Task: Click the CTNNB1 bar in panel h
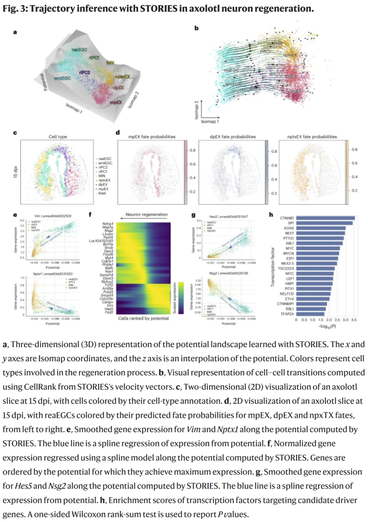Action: click(325, 218)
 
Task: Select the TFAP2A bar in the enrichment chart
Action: click(310, 314)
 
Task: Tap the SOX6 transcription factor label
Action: click(289, 228)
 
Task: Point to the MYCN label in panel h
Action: click(288, 254)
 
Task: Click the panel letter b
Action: click(196, 28)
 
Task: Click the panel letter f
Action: click(90, 215)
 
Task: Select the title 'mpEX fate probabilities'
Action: click(152, 137)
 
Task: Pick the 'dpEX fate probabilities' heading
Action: click(233, 137)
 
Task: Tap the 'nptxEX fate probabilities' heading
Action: click(312, 137)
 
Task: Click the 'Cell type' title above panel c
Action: click(58, 137)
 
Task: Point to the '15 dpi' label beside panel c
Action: click(15, 172)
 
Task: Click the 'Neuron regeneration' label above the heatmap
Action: click(147, 215)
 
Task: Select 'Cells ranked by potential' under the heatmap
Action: click(143, 318)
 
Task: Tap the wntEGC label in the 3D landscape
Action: click(62, 78)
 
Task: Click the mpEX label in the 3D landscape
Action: click(116, 102)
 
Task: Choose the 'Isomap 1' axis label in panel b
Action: click(210, 122)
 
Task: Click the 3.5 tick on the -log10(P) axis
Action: click(354, 320)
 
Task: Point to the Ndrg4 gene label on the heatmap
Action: click(108, 224)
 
